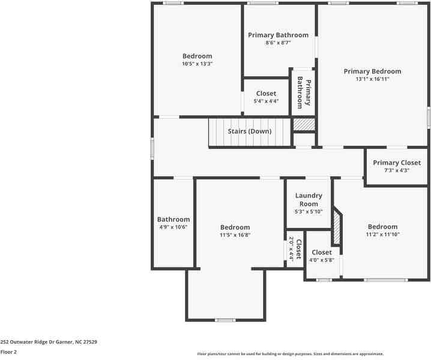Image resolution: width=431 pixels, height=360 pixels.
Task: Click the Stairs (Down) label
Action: tap(250, 131)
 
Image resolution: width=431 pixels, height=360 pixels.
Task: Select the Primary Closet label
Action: tap(397, 163)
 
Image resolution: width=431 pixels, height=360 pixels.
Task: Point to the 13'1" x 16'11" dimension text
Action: tap(372, 79)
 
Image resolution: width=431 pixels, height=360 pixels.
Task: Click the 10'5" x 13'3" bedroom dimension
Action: tap(197, 64)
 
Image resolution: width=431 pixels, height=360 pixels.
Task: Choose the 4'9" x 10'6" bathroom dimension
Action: tap(173, 227)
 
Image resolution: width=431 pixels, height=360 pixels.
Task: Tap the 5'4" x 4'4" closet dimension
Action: tap(267, 101)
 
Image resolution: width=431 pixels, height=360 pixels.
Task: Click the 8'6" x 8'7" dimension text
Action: tap(278, 43)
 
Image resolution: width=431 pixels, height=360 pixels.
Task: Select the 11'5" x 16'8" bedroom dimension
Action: tap(235, 235)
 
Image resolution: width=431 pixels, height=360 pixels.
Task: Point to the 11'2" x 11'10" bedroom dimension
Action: tap(382, 234)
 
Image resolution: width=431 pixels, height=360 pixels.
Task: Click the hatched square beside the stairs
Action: tap(304, 124)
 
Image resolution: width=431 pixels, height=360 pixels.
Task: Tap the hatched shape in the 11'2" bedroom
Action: tap(337, 227)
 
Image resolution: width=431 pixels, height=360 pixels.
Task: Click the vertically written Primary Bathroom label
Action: tap(304, 93)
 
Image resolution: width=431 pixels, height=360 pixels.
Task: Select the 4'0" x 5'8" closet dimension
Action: tap(321, 260)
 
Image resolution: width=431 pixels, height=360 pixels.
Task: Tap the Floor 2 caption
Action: tap(8, 352)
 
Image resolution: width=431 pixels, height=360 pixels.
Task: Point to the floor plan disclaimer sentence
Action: tap(291, 354)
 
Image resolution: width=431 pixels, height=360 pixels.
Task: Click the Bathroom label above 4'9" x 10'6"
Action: tap(173, 220)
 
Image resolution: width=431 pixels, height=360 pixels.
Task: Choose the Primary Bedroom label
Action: tap(372, 71)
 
